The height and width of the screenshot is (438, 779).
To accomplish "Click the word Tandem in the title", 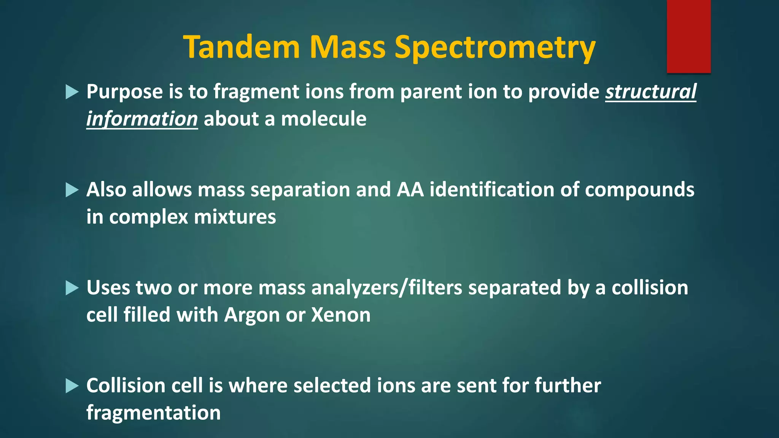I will (x=242, y=47).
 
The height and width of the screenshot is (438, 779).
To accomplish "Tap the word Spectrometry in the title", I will (x=495, y=48).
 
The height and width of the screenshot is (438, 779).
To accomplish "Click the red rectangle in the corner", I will (x=688, y=36).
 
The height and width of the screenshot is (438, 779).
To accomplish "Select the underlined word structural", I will (x=651, y=92).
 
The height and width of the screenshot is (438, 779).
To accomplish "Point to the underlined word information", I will (x=142, y=119).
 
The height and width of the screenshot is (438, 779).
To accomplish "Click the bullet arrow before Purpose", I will (x=72, y=92).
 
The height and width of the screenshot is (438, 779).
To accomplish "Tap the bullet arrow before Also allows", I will (x=72, y=190).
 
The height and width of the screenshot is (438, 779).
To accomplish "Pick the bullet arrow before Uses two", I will (x=72, y=288).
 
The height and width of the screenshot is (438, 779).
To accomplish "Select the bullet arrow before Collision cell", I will (x=72, y=386).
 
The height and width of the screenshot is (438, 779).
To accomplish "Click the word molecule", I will (x=323, y=119).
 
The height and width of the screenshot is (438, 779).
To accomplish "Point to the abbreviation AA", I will (x=410, y=189).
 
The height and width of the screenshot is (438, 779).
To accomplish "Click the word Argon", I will (x=252, y=315).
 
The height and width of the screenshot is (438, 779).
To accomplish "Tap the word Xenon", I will (x=341, y=315).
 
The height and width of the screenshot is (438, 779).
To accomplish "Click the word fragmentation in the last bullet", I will (x=153, y=413).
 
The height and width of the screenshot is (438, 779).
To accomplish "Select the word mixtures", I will (x=235, y=217).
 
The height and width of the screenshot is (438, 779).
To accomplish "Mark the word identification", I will (x=492, y=189).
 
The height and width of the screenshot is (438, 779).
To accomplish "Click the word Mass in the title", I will (x=348, y=47).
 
